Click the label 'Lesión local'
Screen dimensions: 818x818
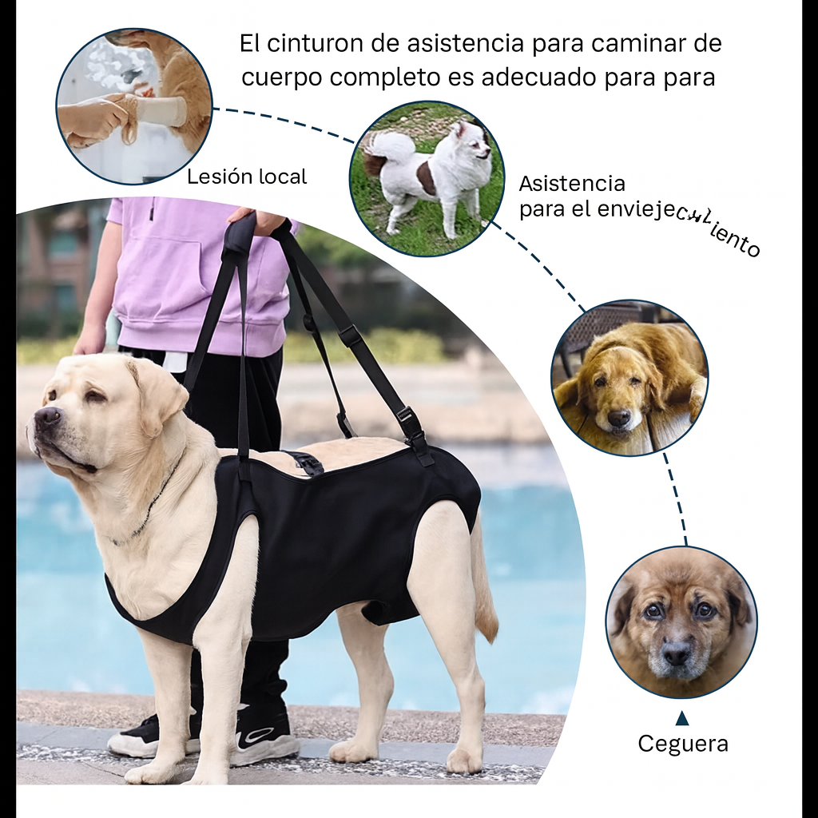[x=246, y=177]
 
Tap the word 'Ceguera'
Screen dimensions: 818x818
[x=682, y=744]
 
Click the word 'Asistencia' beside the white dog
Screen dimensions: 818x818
[x=571, y=184]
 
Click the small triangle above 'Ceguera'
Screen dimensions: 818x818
[x=681, y=717]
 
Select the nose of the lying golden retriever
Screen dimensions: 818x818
[x=619, y=417]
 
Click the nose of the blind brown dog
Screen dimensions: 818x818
[x=676, y=653]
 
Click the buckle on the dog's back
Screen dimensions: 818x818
[x=305, y=461]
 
